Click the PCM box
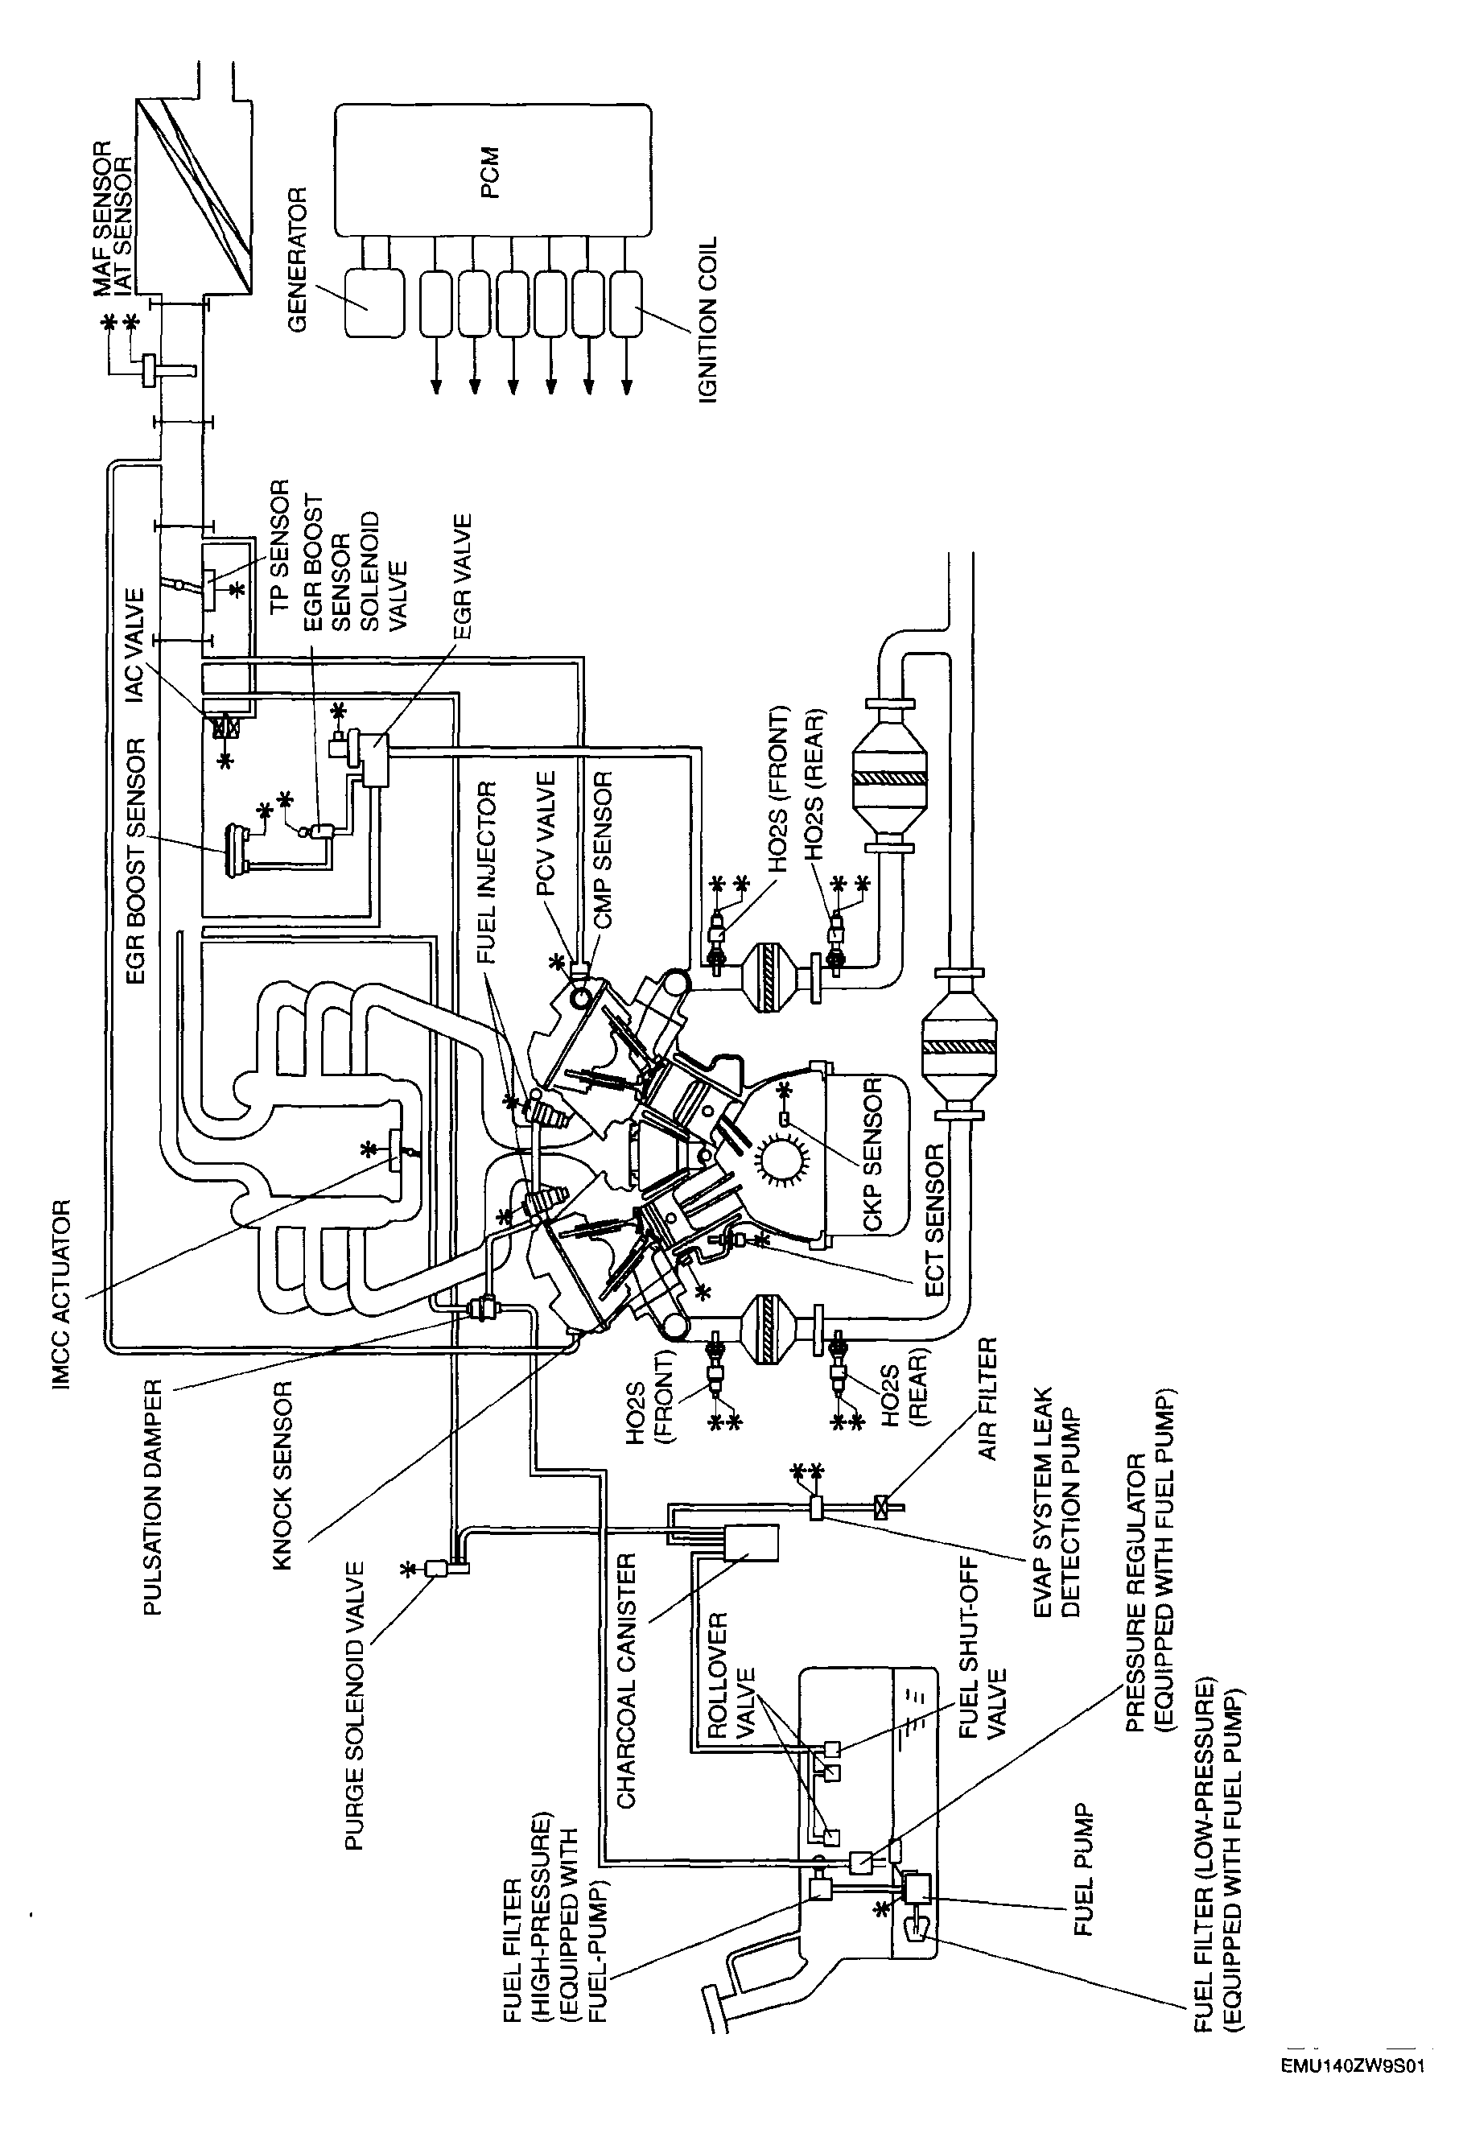point(492,171)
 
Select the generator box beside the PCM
point(373,303)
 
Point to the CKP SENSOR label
point(873,1153)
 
